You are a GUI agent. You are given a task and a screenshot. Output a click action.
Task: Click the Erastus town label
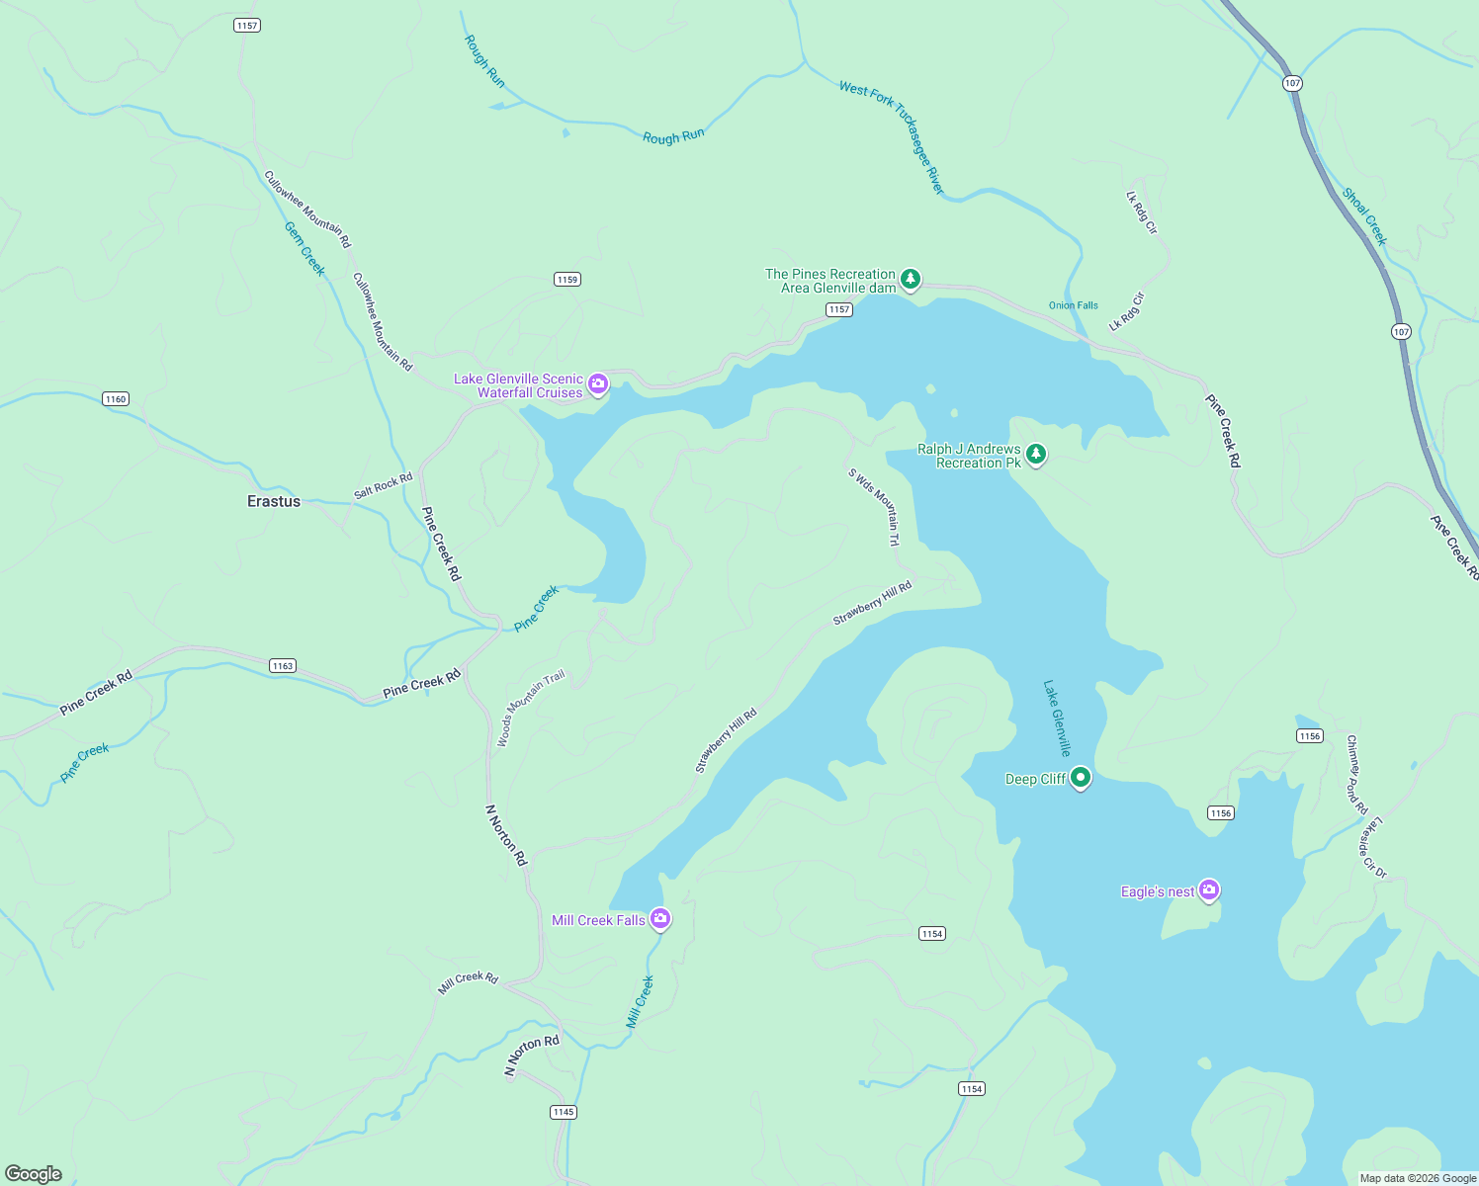coord(274,501)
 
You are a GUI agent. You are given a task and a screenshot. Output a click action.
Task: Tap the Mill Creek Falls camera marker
coord(660,918)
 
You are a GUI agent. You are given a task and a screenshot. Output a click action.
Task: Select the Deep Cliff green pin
coord(1081,777)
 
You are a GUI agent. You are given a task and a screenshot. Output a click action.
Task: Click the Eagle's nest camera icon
coord(1209,889)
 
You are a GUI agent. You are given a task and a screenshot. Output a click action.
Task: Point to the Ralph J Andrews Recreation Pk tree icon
coord(1035,454)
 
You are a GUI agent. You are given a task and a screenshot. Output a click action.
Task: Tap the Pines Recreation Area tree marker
coord(912,280)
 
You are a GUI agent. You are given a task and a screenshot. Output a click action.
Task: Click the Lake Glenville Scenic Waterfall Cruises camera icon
coord(597,383)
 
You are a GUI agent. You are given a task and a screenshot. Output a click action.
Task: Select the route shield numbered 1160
coord(116,399)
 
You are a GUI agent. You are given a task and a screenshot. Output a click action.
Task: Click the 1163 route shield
coord(283,665)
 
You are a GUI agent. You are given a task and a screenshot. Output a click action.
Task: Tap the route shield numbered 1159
coord(566,280)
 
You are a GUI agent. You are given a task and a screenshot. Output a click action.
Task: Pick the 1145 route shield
coord(564,1112)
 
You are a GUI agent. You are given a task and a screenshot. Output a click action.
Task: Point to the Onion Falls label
coord(1073,305)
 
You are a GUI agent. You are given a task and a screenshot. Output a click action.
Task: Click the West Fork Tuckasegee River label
coord(892,135)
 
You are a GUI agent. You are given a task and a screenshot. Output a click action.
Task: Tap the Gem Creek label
coord(304,248)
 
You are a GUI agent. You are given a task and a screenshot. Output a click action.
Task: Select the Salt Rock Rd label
coord(383,486)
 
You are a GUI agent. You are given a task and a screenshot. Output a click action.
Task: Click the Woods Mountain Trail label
coord(530,707)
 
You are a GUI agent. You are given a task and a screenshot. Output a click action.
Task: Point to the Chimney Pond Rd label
coord(1356,774)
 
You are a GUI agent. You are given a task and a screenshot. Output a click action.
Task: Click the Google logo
coord(34,1173)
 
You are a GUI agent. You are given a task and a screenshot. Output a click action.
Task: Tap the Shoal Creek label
coord(1364,215)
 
